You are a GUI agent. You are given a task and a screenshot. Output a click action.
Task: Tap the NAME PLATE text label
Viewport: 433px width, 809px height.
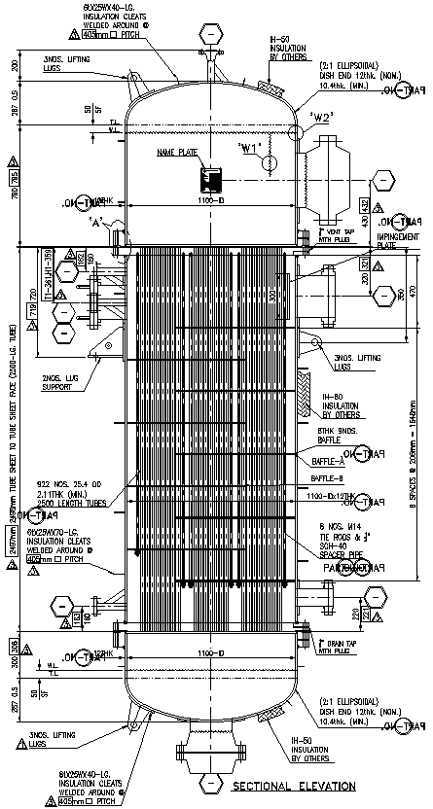(176, 154)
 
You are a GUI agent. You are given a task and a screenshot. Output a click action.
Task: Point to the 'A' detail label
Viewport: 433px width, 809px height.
(98, 221)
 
